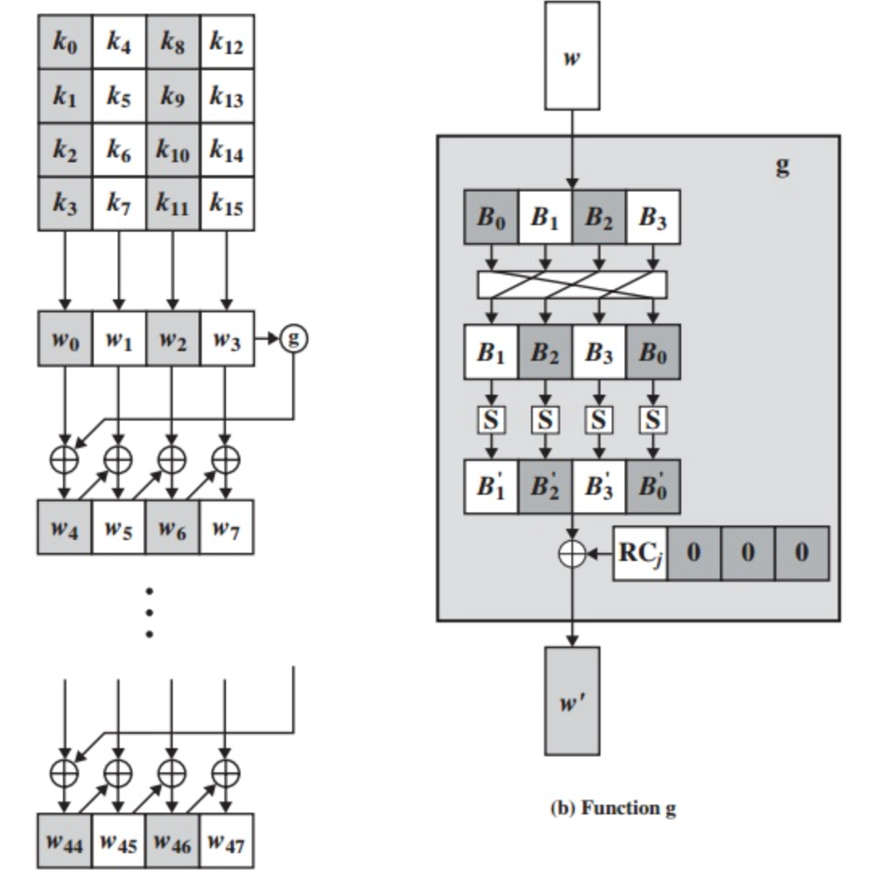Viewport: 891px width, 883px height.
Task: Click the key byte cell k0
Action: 65,42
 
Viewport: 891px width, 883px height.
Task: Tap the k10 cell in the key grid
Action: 173,150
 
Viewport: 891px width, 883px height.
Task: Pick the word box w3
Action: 226,339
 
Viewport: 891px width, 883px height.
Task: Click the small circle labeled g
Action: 293,339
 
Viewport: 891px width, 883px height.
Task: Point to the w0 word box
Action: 65,339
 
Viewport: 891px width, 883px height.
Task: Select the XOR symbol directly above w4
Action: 65,458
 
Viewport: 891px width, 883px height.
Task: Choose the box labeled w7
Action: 226,528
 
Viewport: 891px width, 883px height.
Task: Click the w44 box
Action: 65,841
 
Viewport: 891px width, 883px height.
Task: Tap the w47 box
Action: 226,841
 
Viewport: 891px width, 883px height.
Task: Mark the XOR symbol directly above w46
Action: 171,772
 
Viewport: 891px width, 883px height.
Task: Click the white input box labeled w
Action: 571,56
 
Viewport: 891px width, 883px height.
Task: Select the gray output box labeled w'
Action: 571,701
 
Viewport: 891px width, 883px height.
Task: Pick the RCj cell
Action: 640,553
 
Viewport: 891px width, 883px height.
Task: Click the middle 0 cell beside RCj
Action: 747,553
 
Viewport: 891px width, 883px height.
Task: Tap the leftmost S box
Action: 491,420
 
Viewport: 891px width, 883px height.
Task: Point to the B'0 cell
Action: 653,487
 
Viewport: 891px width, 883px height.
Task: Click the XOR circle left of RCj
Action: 571,554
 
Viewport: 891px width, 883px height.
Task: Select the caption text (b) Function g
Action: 613,808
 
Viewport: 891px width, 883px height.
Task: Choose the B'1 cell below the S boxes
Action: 491,487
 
